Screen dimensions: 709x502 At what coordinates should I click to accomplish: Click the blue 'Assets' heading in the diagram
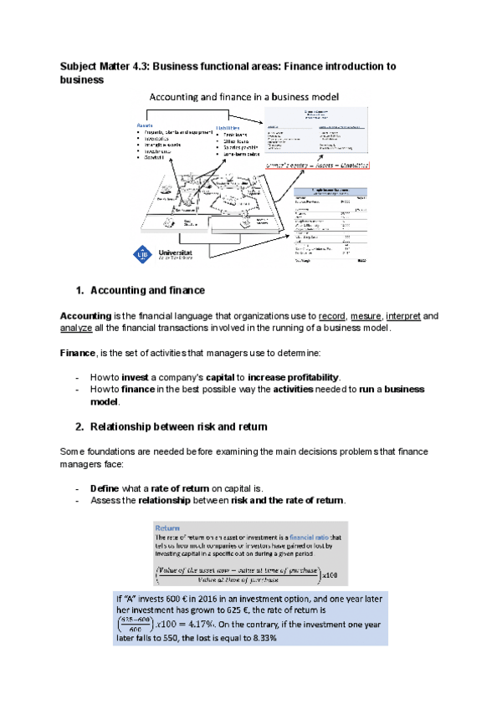[x=145, y=125]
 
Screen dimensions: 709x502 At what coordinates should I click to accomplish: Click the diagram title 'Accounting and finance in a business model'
[x=243, y=97]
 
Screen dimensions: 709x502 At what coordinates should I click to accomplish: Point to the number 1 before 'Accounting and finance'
[x=79, y=290]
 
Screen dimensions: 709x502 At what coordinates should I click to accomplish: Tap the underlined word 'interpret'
[x=407, y=316]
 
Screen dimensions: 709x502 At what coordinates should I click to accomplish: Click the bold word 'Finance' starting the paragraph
[x=79, y=354]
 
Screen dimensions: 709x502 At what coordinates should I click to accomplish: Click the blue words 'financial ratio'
[x=301, y=537]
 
